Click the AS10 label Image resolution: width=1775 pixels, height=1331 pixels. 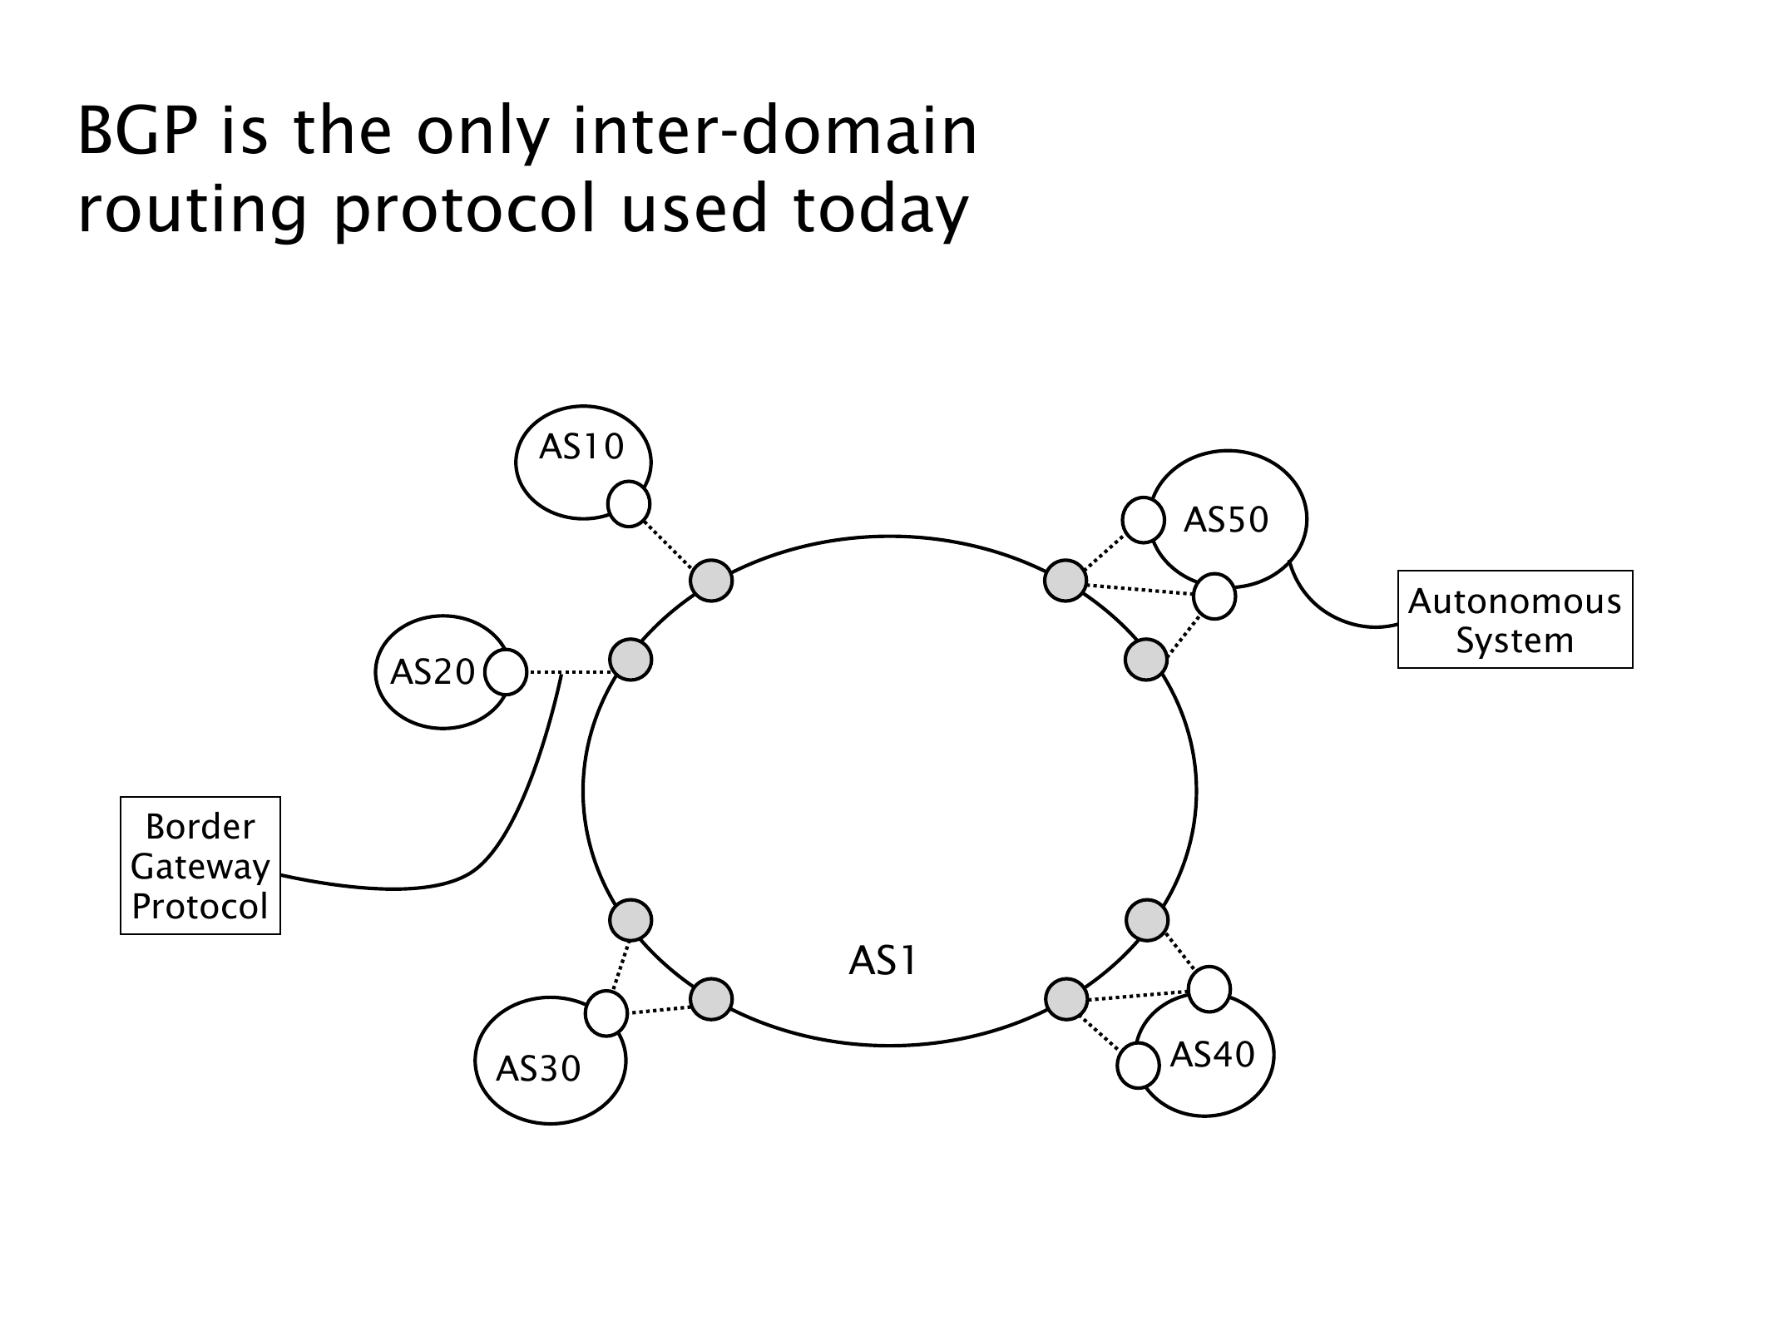581,448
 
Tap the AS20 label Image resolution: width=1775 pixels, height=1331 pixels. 433,672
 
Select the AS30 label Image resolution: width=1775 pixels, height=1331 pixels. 538,1068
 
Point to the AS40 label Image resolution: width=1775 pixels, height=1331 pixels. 1211,1055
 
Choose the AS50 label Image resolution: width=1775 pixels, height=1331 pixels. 1225,520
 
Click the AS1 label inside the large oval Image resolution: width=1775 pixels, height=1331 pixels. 882,962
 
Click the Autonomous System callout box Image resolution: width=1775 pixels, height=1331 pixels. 1515,620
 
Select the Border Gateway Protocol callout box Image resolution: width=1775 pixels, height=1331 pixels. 200,866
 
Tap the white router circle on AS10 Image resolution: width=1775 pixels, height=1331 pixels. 629,504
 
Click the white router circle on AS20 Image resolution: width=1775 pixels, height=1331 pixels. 505,672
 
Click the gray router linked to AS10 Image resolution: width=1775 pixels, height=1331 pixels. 711,580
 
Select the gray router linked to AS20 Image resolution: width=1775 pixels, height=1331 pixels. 630,661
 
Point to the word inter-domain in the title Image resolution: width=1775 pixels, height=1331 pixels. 775,133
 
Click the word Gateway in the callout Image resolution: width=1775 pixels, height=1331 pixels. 200,867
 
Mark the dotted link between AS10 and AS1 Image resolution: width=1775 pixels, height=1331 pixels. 670,542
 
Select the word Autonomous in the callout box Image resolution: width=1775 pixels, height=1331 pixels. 1515,601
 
